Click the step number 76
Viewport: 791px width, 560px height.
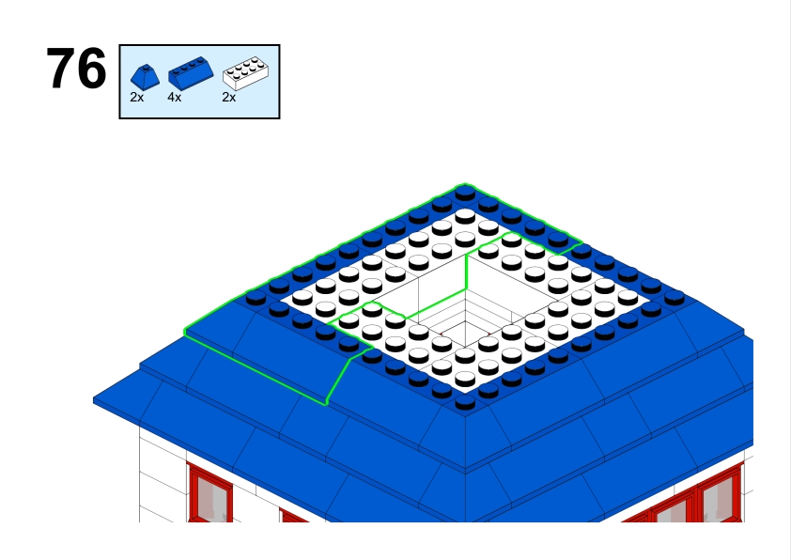point(76,69)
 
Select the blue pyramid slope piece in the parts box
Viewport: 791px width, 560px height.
point(145,77)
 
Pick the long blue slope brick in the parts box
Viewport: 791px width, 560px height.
point(191,73)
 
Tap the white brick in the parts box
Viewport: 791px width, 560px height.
point(246,73)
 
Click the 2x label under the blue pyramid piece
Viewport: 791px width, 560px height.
point(137,98)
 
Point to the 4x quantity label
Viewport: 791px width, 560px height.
point(175,98)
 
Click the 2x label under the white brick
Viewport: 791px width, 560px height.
point(229,98)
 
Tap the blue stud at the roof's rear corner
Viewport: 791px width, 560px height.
point(465,193)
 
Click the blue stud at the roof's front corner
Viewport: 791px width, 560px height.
point(465,402)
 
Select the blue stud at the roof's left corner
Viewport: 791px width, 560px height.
point(256,297)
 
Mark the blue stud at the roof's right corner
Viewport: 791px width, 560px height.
point(675,298)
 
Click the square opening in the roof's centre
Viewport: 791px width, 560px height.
point(465,302)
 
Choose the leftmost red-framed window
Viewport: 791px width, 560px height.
point(210,493)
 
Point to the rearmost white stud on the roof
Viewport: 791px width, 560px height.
point(465,216)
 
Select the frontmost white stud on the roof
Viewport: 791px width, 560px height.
point(465,379)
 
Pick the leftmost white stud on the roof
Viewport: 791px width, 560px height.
point(302,297)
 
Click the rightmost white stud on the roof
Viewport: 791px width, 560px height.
point(628,297)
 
